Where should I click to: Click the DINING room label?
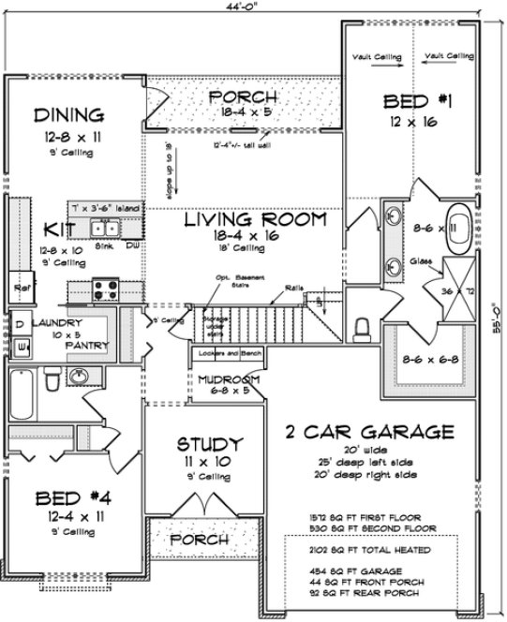coord(68,116)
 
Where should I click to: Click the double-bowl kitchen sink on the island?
coord(106,228)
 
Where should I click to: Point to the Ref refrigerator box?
coord(18,287)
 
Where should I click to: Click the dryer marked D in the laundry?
coord(21,323)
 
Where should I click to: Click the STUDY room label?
coord(210,444)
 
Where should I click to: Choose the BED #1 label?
coord(413,101)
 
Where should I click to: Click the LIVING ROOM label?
coord(254,221)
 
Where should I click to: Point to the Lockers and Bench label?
coord(225,355)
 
